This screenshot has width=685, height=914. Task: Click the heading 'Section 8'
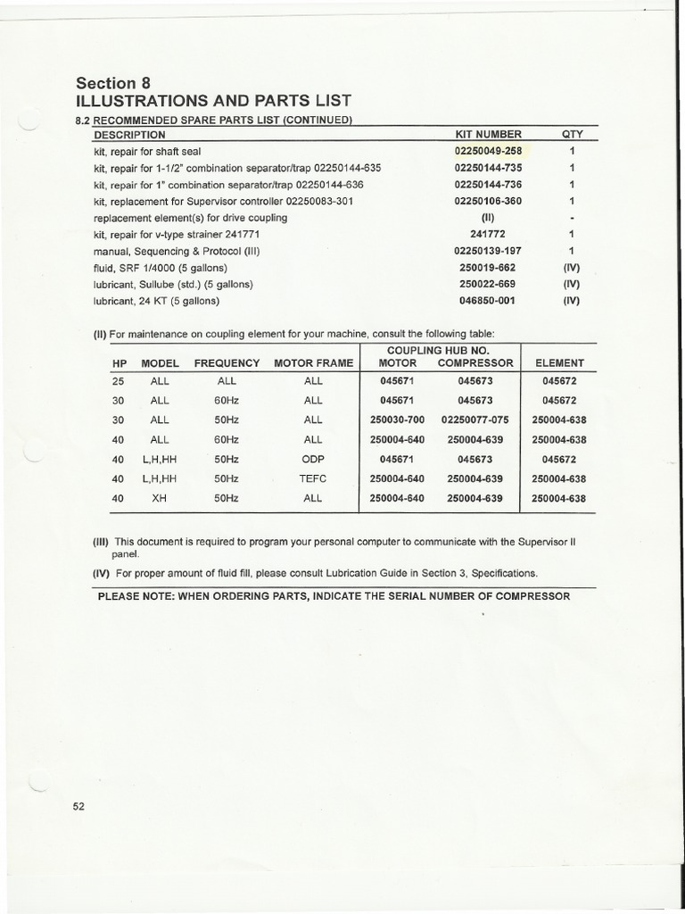coord(112,82)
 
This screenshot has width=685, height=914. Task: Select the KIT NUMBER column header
coord(488,135)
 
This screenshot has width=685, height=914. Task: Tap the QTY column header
coord(572,135)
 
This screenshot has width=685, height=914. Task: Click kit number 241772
coord(488,234)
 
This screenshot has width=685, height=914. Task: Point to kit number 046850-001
coord(488,301)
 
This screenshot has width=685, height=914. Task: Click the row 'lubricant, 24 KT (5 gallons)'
coord(156,301)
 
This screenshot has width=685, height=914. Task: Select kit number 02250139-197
coord(488,251)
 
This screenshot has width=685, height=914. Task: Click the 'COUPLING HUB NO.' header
coord(439,350)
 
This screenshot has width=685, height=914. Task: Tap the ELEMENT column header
coord(559,363)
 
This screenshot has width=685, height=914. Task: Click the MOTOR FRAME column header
coord(313,363)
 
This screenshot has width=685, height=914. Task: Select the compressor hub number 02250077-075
coord(475,420)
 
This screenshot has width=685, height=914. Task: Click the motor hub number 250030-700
coord(399,420)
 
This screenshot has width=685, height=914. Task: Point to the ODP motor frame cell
coord(313,459)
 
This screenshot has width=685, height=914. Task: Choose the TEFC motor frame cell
coord(313,478)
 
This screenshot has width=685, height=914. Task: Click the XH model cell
coord(160,499)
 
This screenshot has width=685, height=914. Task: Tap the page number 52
coord(78,807)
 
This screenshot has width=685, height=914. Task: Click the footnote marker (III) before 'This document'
coord(101,542)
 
